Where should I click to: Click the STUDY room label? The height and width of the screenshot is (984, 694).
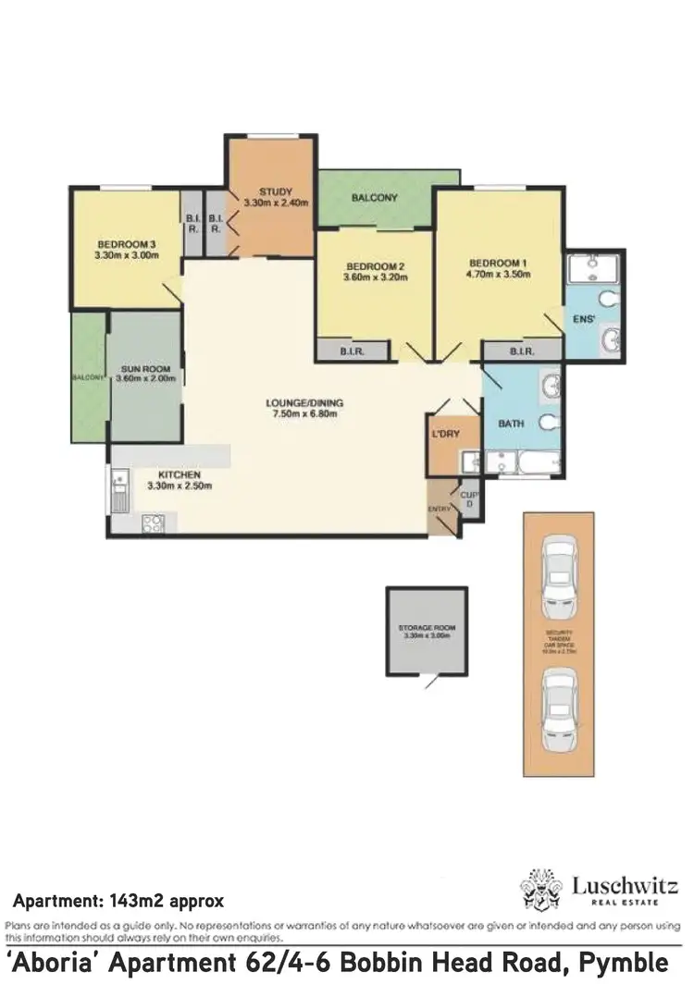point(276,192)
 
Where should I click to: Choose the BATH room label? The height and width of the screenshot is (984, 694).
point(511,424)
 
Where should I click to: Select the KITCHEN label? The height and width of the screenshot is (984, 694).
point(173,475)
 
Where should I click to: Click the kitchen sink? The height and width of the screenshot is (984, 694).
point(118,490)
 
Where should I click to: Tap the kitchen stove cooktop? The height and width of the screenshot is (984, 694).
point(153,523)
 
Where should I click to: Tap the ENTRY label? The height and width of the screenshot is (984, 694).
point(438,510)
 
